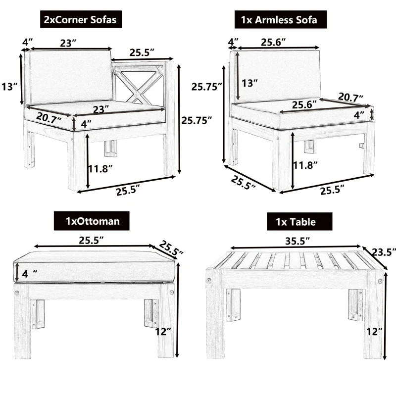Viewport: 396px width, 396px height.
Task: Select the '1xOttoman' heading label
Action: pyautogui.click(x=92, y=221)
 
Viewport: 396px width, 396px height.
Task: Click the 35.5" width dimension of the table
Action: pyautogui.click(x=294, y=241)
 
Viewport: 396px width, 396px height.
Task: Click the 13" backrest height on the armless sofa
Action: pyautogui.click(x=249, y=83)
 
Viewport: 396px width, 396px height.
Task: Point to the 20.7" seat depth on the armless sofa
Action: pyautogui.click(x=350, y=97)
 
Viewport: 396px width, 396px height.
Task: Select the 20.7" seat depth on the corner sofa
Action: pyautogui.click(x=48, y=118)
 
